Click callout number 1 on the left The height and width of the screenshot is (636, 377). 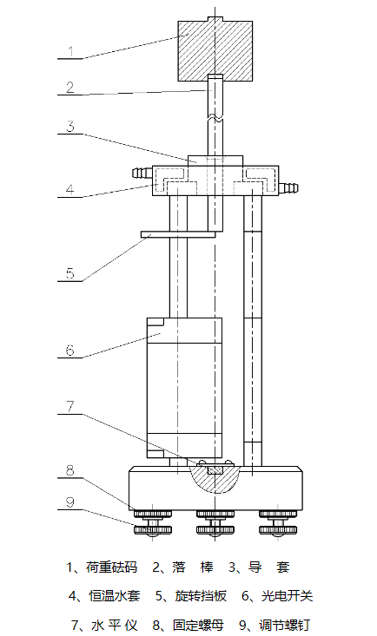[70, 51]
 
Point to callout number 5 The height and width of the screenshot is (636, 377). [70, 273]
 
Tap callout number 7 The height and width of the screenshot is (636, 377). [70, 406]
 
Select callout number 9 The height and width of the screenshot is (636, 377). [70, 502]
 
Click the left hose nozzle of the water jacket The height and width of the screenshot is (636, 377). [142, 174]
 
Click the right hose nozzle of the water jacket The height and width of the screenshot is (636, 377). [289, 187]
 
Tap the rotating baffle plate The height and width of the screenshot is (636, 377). [178, 234]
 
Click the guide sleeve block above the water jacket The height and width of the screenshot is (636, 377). [215, 161]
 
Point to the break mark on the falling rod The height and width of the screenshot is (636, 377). [215, 118]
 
